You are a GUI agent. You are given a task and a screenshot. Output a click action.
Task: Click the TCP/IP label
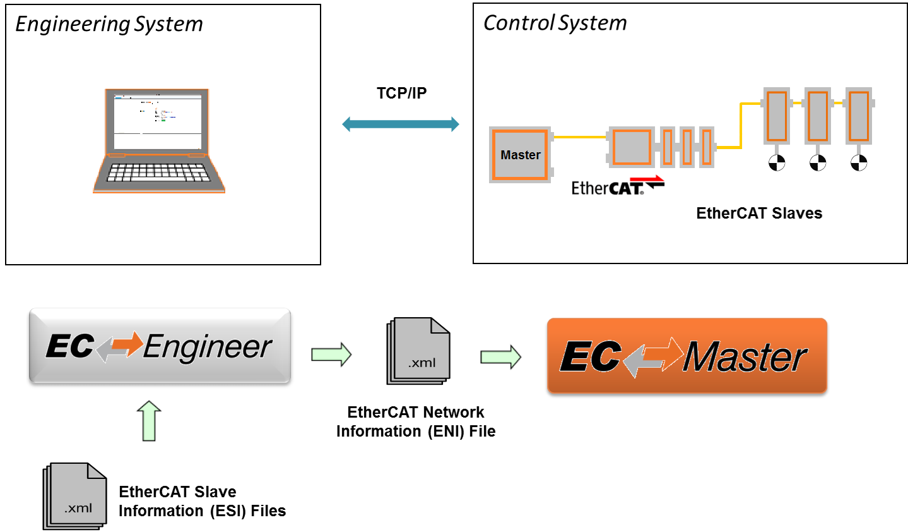(401, 94)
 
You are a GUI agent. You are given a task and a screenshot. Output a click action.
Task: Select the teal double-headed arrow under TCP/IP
(401, 124)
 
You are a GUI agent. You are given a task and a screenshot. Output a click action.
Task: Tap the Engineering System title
(109, 24)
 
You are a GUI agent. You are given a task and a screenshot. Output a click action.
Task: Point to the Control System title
(555, 23)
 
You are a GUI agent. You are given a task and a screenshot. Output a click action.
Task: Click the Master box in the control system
(521, 155)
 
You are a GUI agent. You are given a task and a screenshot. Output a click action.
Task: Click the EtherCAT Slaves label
(758, 214)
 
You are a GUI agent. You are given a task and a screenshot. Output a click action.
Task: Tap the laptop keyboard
(158, 172)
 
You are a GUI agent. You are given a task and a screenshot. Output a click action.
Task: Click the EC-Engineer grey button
(160, 346)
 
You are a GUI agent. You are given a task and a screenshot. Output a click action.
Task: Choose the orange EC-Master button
(687, 356)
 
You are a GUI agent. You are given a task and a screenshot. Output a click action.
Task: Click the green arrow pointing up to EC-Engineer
(149, 421)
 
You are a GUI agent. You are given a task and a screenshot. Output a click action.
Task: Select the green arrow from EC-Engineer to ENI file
(331, 354)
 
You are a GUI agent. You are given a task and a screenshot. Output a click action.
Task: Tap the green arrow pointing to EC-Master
(501, 357)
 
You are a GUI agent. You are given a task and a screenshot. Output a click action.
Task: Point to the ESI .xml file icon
(76, 496)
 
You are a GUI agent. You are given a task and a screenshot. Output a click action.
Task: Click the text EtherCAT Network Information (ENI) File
(416, 421)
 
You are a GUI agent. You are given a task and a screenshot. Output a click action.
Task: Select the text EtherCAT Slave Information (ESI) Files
(202, 501)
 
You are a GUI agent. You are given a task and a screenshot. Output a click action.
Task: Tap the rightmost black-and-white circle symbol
(859, 163)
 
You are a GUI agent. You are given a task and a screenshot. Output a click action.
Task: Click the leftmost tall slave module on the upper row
(777, 116)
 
